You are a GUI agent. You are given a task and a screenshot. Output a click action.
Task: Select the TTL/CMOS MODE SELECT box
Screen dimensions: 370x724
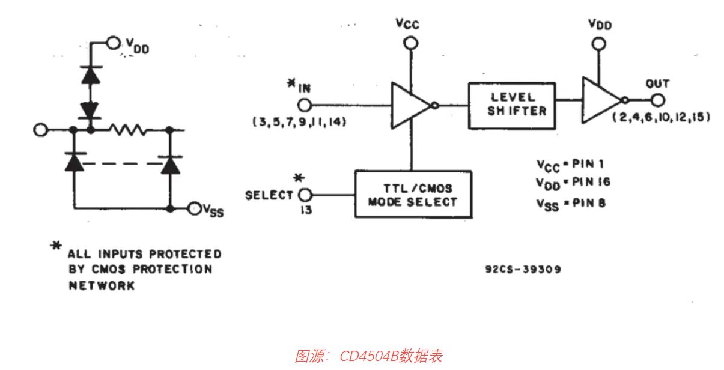click(413, 195)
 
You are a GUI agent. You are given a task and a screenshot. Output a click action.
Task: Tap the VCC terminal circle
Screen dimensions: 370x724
click(410, 43)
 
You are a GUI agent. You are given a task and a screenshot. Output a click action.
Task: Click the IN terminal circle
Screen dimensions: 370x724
click(305, 105)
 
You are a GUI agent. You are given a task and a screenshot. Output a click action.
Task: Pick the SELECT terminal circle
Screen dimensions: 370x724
click(305, 195)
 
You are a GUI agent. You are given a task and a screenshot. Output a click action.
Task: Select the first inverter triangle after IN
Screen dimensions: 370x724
click(411, 105)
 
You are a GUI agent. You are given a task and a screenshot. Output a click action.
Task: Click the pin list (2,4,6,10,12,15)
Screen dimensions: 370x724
click(660, 118)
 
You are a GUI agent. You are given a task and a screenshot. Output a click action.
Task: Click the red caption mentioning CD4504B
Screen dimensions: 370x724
click(369, 356)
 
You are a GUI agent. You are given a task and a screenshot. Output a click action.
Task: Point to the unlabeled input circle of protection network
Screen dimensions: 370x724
click(41, 129)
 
